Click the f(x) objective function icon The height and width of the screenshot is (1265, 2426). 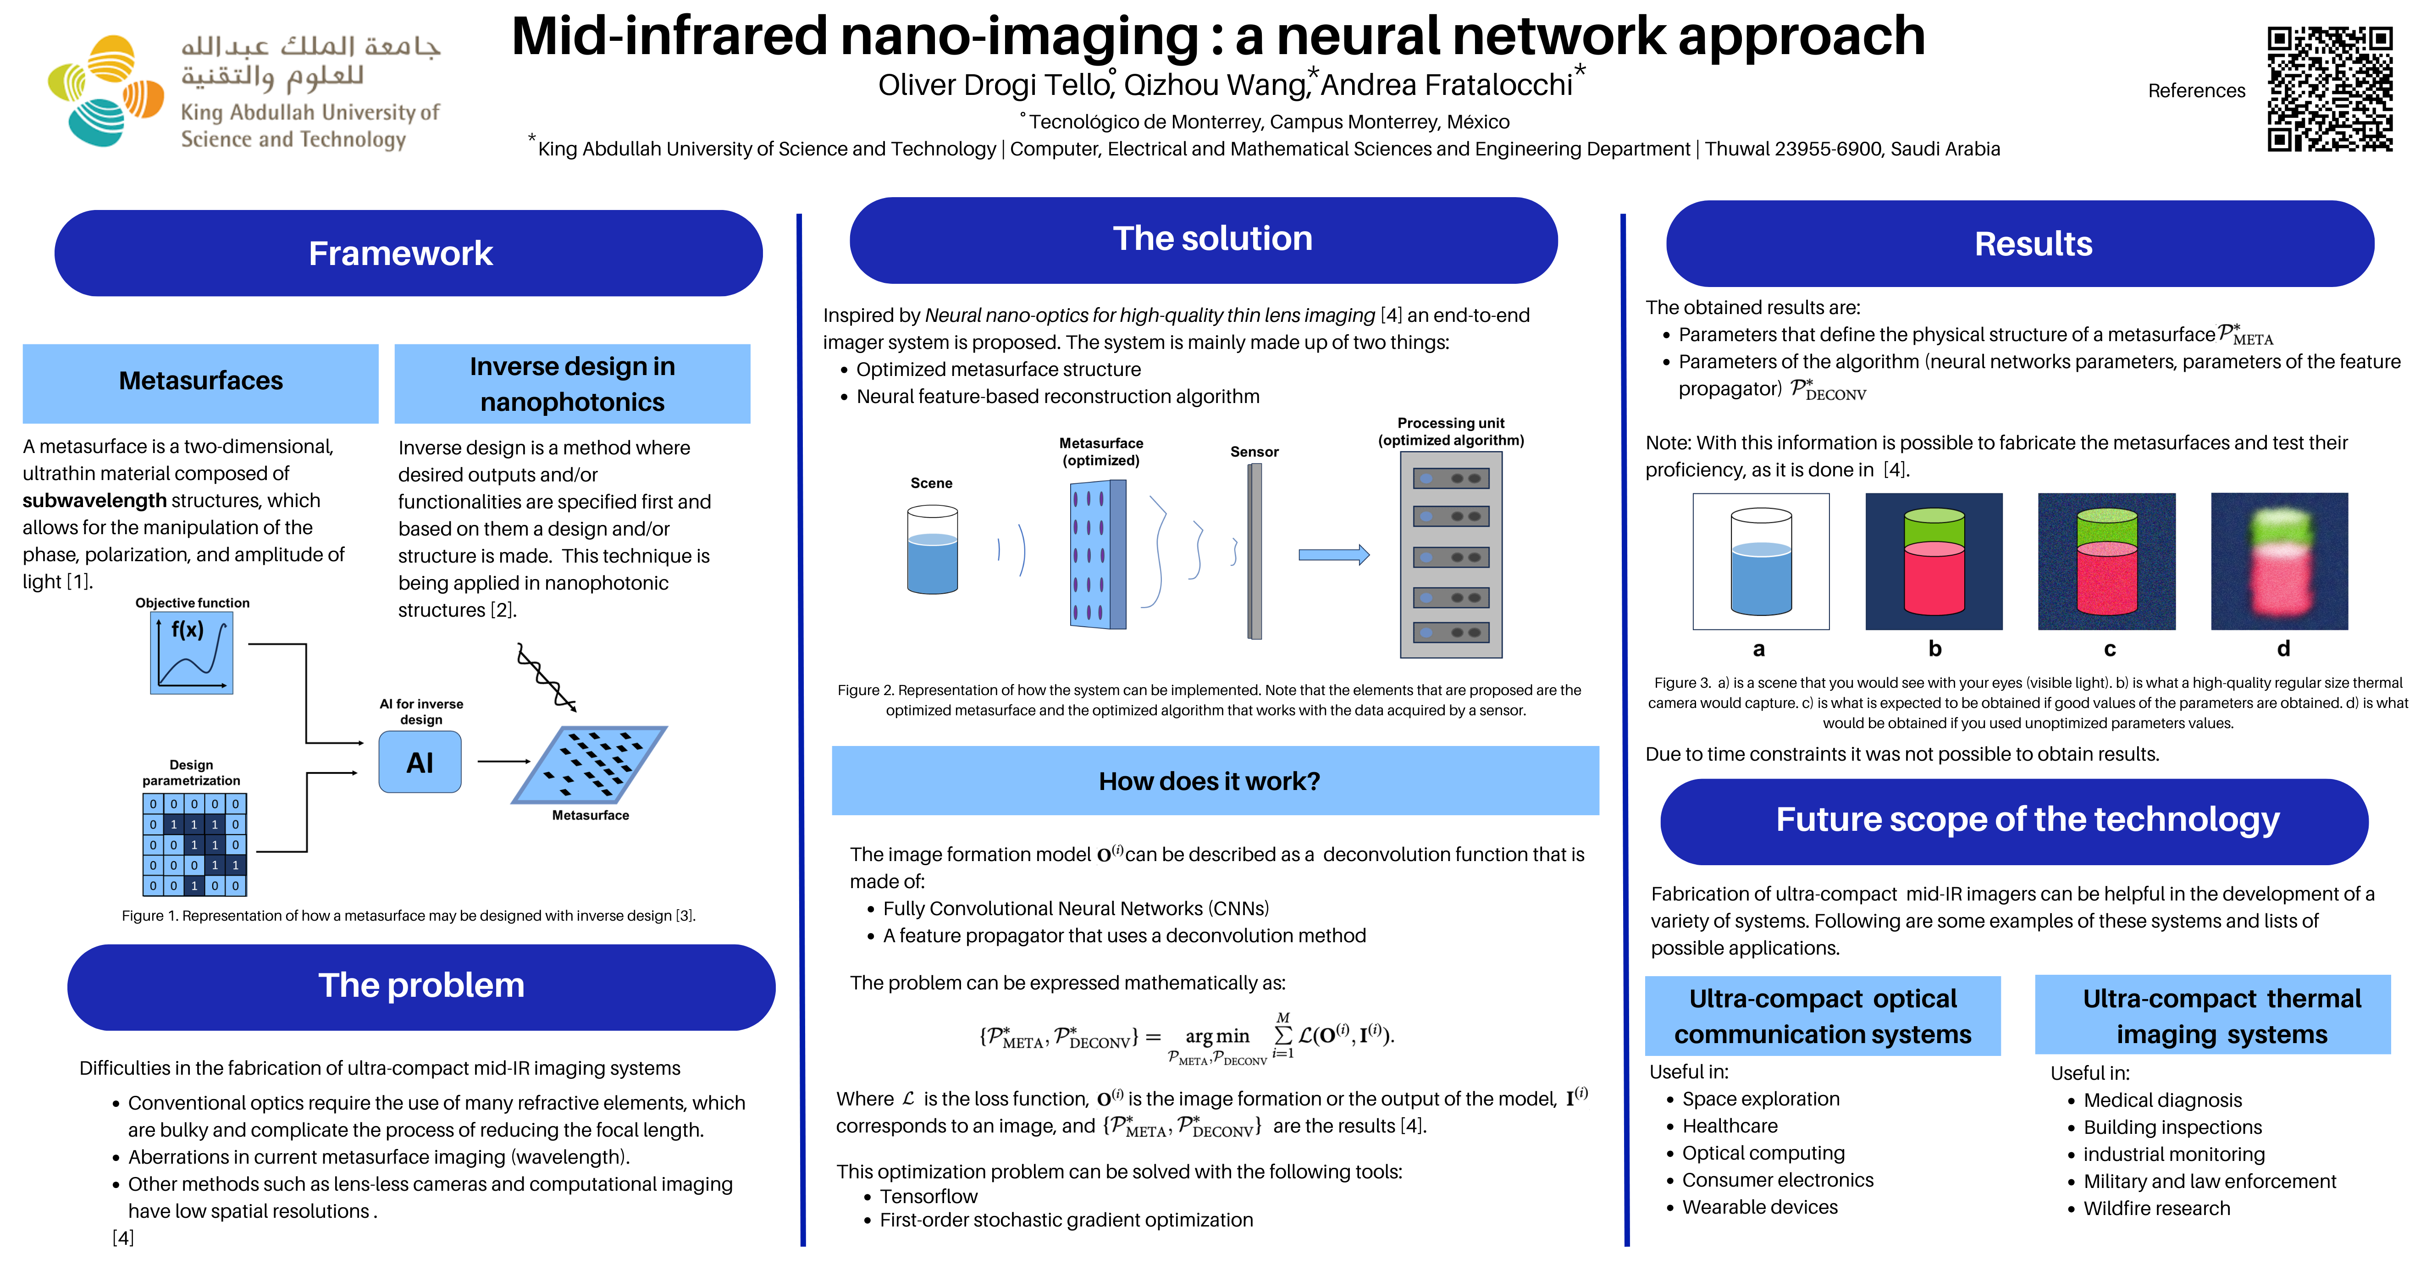pos(191,653)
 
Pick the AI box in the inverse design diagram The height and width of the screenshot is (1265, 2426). pos(420,762)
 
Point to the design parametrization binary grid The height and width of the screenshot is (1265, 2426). pos(194,844)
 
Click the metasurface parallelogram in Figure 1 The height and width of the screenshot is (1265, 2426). pos(591,764)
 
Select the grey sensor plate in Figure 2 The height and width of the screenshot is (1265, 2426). pos(1254,551)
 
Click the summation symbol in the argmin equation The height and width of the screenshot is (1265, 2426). pos(1282,1035)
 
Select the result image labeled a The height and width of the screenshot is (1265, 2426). pos(1760,561)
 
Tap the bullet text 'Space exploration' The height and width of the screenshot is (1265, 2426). pos(1760,1099)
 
